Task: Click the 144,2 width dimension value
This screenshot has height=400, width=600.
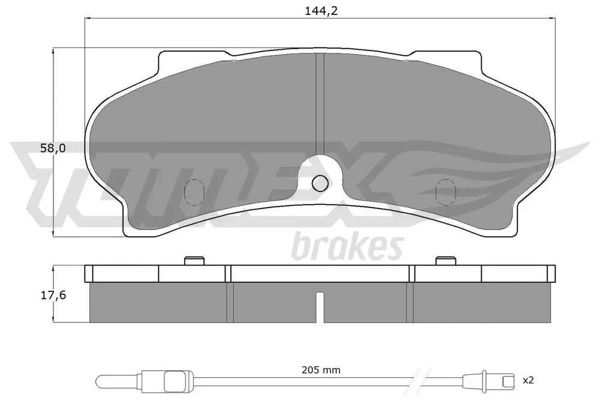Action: point(322,11)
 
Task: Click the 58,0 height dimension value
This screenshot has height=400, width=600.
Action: point(53,148)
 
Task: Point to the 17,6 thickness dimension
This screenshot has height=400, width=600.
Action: point(53,295)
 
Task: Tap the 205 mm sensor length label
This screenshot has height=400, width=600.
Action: point(321,370)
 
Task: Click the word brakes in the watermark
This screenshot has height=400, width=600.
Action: point(347,247)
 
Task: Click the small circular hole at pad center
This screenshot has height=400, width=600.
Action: point(320,184)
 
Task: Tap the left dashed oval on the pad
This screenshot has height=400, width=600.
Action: point(194,192)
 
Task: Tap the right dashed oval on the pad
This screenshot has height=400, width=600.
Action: point(445,192)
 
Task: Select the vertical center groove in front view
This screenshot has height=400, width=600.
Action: point(320,103)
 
